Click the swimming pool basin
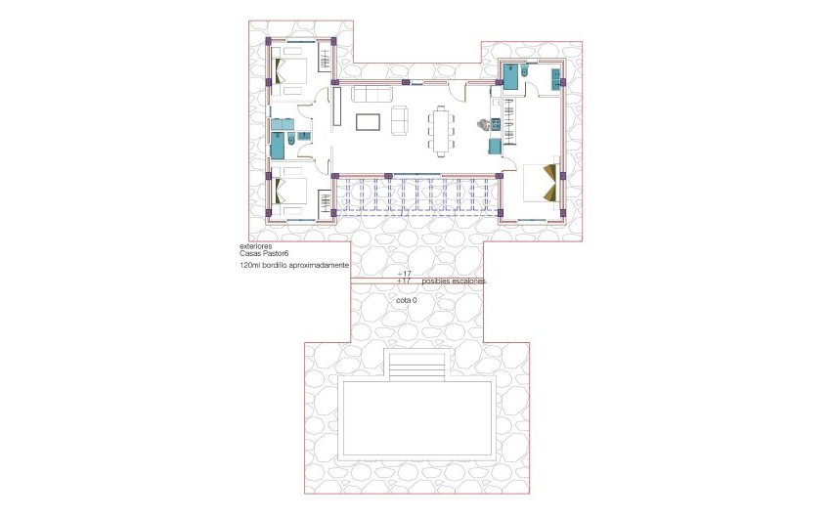point(416,420)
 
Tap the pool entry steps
point(417,368)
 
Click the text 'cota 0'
point(407,300)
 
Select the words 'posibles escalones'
point(454,281)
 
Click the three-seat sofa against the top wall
point(372,94)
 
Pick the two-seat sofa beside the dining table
point(399,120)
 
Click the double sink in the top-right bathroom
point(555,77)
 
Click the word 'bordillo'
point(280,266)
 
